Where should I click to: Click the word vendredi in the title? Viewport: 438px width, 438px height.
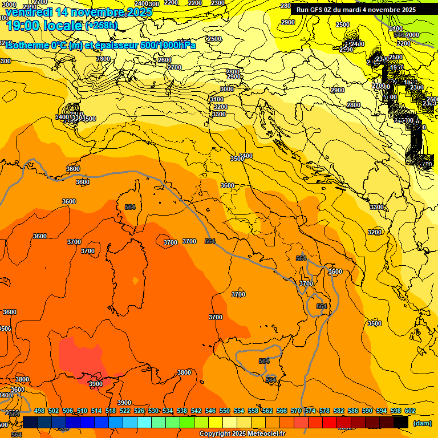29,11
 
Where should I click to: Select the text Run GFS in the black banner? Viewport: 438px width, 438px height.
311,10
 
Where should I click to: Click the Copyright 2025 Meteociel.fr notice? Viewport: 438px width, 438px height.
242,434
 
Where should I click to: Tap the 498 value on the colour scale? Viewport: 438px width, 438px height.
39,411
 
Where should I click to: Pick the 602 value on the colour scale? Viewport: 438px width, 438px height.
410,411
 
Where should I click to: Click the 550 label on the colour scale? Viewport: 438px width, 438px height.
225,411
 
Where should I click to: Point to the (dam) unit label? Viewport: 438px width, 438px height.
422,423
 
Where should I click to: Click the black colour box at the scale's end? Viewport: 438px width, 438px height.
401,422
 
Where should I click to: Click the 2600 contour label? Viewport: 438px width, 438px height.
165,60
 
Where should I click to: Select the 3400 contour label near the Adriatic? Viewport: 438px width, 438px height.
246,155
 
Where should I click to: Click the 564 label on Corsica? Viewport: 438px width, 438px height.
130,207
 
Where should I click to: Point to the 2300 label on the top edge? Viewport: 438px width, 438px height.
217,3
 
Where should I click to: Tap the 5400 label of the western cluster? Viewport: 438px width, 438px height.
62,117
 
